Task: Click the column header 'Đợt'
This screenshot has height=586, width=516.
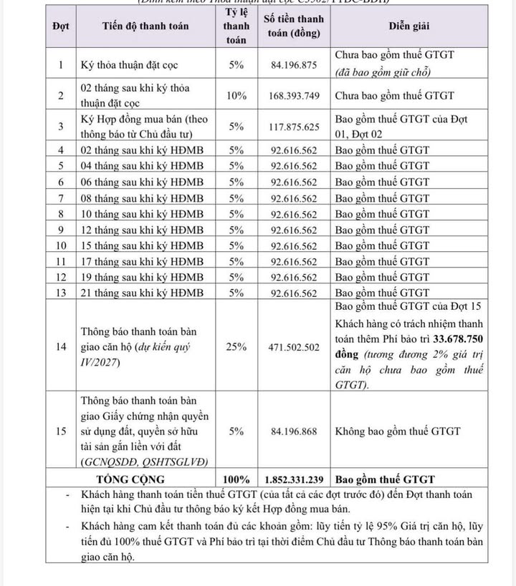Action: tap(60, 26)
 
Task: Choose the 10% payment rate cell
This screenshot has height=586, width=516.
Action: tap(236, 95)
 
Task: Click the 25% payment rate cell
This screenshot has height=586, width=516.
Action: tap(236, 346)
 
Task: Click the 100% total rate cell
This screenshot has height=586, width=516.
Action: tap(236, 479)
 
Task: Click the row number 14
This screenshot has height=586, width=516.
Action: tap(61, 346)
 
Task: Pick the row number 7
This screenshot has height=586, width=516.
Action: tap(61, 198)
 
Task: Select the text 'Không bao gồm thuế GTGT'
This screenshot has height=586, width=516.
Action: tap(398, 431)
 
